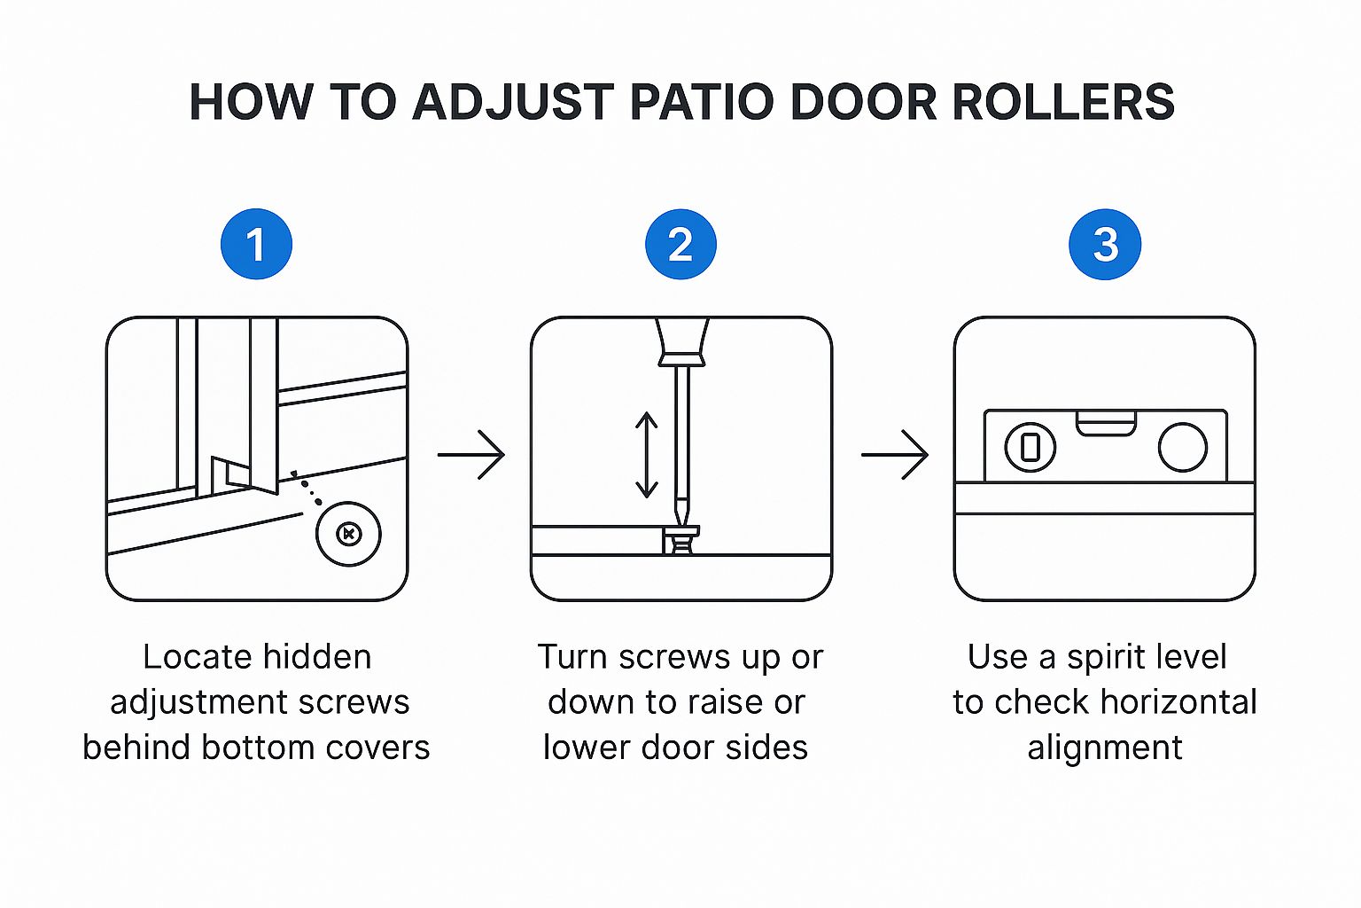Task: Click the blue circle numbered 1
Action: [256, 245]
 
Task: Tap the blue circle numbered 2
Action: [680, 245]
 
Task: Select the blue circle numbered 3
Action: [1105, 245]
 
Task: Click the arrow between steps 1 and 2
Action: [471, 455]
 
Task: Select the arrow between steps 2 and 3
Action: [895, 455]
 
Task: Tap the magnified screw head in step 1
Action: [349, 534]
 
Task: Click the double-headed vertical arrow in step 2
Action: [647, 455]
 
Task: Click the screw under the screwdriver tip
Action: [680, 539]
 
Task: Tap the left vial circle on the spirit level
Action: [1030, 447]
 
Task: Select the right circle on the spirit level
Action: [1182, 447]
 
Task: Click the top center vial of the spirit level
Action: [1106, 423]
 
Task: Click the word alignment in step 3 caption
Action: [1105, 748]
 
